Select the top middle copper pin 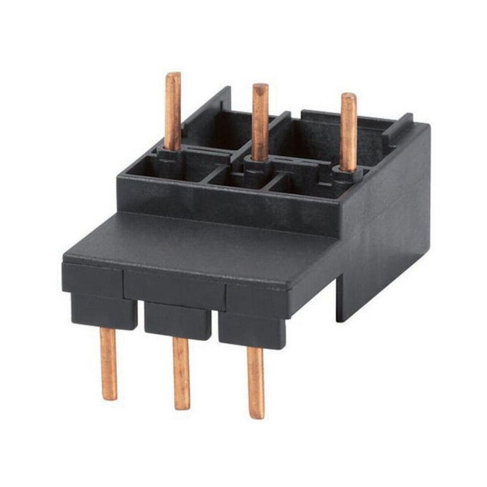click(260, 122)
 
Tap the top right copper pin click(348, 131)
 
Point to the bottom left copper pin click(109, 363)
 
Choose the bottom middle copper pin click(181, 373)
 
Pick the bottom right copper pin click(255, 383)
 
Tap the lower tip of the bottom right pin click(256, 415)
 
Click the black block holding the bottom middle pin click(178, 320)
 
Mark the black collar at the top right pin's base click(347, 174)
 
